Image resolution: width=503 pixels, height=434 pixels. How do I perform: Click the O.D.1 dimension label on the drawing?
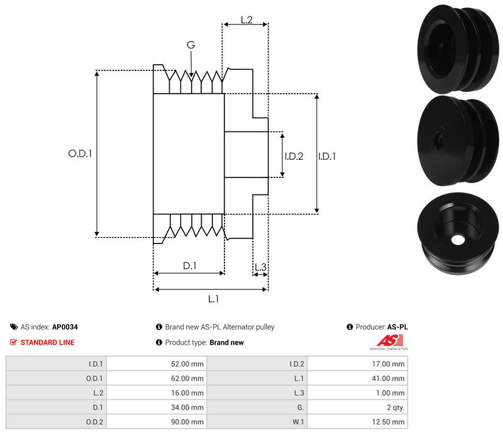pos(80,153)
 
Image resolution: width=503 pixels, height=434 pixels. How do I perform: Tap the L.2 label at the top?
pos(246,21)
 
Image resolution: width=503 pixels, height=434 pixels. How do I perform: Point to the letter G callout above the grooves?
pos(191,45)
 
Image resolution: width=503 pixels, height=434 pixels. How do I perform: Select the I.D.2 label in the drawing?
pos(294,157)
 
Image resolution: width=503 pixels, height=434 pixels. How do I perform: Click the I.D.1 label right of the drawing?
pos(326,157)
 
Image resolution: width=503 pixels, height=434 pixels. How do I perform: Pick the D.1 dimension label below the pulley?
pos(190,266)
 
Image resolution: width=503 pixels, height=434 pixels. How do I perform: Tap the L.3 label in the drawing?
pos(260,268)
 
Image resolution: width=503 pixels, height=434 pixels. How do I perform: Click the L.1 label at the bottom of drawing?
pos(213,298)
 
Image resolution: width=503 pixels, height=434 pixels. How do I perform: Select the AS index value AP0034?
pos(65,327)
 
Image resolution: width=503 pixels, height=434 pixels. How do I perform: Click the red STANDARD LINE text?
pos(47,342)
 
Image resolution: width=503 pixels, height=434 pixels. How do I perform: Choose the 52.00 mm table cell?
pos(188,364)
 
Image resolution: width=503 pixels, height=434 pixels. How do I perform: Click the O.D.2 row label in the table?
pos(96,421)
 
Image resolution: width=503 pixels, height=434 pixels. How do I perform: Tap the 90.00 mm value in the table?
pos(188,421)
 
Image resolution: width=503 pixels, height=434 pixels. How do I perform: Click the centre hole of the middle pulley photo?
pos(439,138)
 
